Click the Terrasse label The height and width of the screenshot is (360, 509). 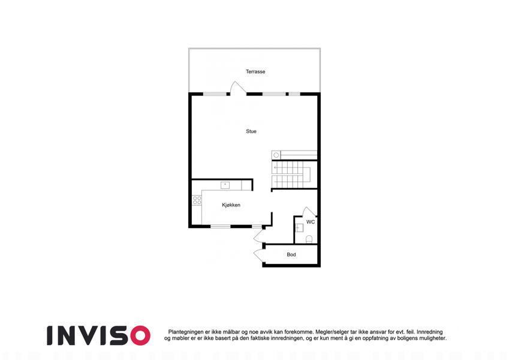[x=255, y=71]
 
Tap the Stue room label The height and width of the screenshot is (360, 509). [x=251, y=131]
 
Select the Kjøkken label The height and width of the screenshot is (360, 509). [x=231, y=205]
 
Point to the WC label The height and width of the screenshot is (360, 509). [x=311, y=222]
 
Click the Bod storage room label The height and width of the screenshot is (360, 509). [x=291, y=254]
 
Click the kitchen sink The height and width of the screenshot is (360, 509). [x=225, y=185]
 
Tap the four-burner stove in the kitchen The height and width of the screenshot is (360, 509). [x=197, y=200]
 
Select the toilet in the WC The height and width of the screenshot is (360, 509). [x=309, y=239]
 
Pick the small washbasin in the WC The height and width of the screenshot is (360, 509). [x=299, y=228]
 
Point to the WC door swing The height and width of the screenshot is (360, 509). [x=309, y=212]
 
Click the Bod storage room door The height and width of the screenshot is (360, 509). [x=260, y=256]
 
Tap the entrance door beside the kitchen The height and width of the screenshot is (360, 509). [x=260, y=235]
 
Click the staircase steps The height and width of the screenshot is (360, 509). [x=291, y=175]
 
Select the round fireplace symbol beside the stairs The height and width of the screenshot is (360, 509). [x=276, y=155]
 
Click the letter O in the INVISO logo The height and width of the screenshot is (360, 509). [x=140, y=335]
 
